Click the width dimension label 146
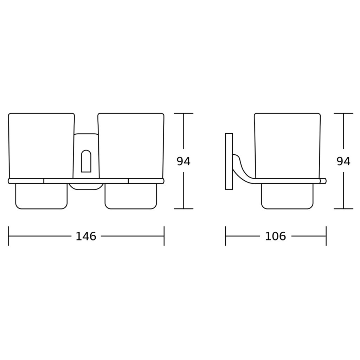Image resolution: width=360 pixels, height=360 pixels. (86, 236)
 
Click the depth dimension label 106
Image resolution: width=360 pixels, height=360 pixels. (276, 236)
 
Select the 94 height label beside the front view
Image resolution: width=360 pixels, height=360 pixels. (184, 161)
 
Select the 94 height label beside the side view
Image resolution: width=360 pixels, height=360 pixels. (343, 161)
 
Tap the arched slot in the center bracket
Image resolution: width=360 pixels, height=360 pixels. (86, 161)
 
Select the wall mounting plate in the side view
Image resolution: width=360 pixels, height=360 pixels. (229, 161)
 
